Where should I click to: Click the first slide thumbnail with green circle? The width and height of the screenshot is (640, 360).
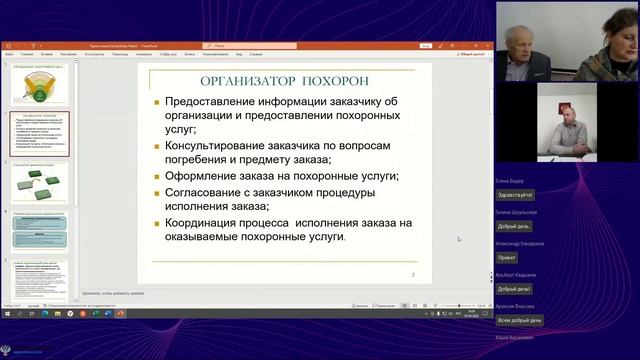pos(41,83)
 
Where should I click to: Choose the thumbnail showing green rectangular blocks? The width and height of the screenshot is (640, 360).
pos(41,184)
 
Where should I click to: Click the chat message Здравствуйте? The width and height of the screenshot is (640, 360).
pos(516,195)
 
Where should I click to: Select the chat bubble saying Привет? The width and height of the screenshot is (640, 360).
pos(507,257)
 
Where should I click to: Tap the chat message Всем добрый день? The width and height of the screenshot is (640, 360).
pos(520,320)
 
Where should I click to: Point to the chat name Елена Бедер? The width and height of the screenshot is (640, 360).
pos(509,182)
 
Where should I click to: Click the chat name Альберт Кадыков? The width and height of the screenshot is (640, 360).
pos(516,274)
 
